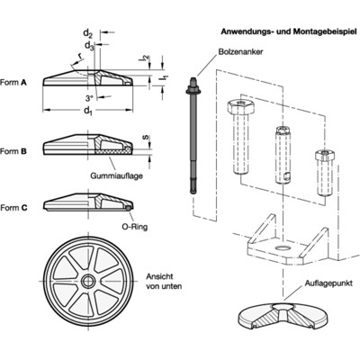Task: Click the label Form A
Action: click(15, 80)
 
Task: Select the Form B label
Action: click(15, 152)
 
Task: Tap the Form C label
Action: click(15, 207)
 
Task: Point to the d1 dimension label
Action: click(87, 112)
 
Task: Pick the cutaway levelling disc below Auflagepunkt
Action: click(280, 321)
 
